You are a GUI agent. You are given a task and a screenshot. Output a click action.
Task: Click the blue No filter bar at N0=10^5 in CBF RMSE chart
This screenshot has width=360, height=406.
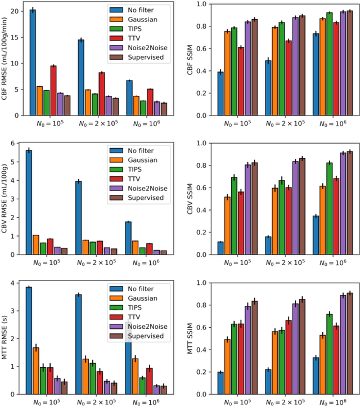tap(33, 63)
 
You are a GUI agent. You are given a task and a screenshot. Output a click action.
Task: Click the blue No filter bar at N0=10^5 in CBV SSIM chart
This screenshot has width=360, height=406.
tap(221, 248)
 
